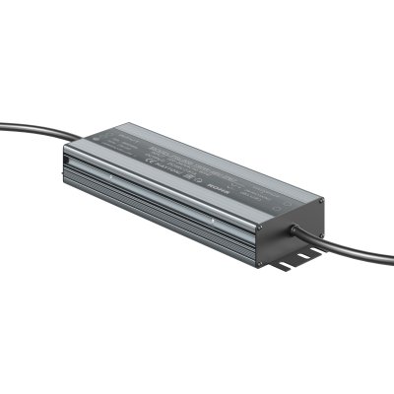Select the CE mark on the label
point(149,164)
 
